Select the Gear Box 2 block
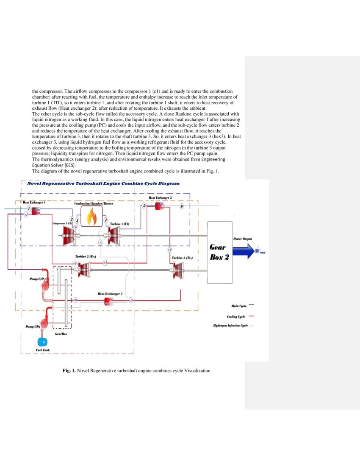point(219,252)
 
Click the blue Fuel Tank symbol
point(42,341)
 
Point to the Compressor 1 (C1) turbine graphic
point(69,234)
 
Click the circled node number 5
point(144,206)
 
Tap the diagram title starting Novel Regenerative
point(103,183)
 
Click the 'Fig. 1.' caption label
point(69,371)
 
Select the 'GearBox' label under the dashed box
point(61,334)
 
